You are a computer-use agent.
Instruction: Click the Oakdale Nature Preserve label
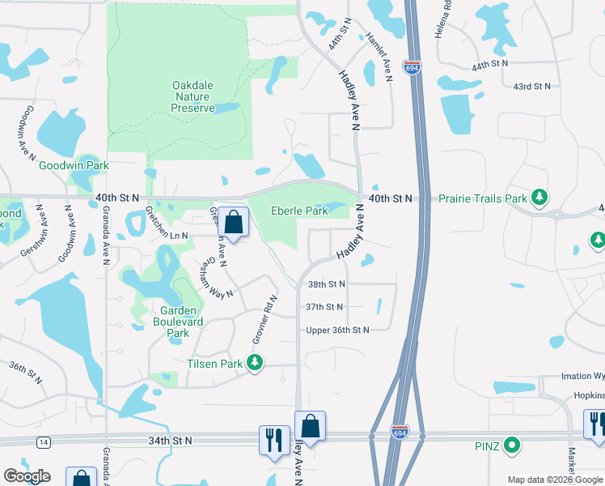click(193, 96)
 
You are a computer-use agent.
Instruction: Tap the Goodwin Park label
click(74, 165)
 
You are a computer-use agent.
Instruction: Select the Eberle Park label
click(299, 211)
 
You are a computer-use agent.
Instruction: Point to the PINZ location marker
click(511, 445)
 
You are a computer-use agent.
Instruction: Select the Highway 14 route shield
click(42, 441)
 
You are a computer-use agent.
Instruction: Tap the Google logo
click(27, 476)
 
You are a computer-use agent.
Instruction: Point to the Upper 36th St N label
click(337, 330)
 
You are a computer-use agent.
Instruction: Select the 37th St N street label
click(324, 307)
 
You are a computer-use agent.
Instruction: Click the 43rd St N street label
click(531, 86)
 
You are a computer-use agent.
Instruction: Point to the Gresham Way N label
click(216, 277)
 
